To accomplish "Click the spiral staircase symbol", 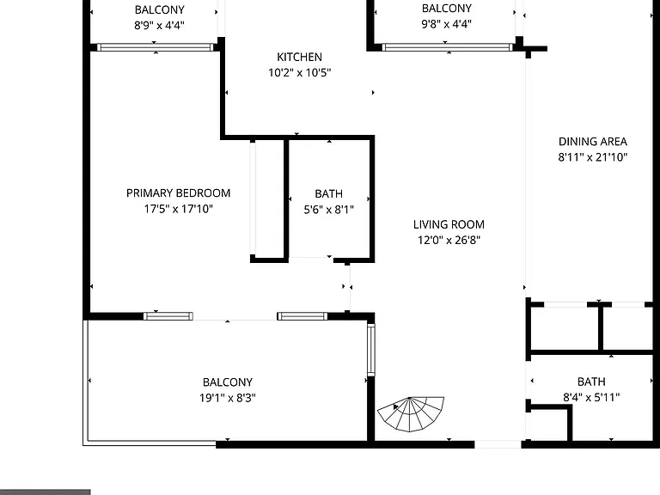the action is click(411, 413).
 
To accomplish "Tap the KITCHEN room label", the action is click(299, 57).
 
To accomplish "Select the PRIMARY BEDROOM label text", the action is click(179, 193).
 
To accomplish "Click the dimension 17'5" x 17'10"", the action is click(179, 209).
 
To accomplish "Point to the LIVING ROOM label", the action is click(449, 224).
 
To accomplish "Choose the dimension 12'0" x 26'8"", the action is click(449, 240).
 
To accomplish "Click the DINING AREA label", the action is click(593, 142).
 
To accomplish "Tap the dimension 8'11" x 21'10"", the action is click(593, 157).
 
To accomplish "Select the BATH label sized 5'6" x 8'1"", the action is click(329, 193).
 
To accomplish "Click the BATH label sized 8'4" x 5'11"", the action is click(591, 382).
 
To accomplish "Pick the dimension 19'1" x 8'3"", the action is click(228, 398).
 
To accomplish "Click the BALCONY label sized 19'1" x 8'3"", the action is click(228, 382).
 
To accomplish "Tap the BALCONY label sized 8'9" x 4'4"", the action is click(160, 9).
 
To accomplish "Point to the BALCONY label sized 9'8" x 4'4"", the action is click(447, 9).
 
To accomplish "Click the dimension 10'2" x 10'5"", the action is click(299, 72).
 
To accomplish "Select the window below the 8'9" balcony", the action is click(156, 47).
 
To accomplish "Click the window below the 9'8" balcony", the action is click(448, 47).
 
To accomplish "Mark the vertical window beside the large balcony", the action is click(371, 350).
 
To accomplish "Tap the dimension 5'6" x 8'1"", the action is click(329, 209).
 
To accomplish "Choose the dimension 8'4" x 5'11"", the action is click(591, 397).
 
